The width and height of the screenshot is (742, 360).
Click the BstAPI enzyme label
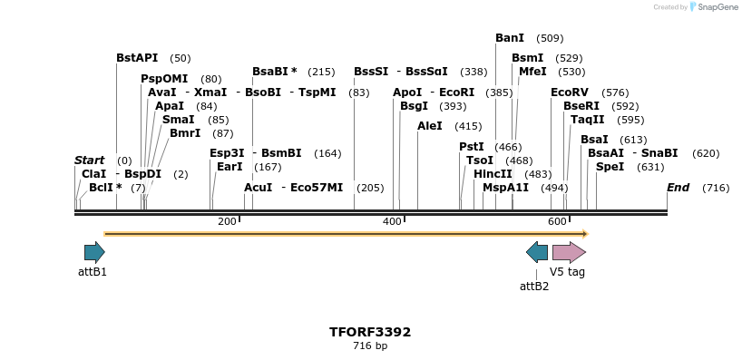coord(137,58)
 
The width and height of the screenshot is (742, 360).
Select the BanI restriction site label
coord(510,38)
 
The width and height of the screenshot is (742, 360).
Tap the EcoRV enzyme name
coord(570,92)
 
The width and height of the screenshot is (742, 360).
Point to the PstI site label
coord(472,147)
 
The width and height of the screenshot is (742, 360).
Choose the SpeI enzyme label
coord(610,167)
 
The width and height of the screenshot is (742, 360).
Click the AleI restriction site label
coord(430,126)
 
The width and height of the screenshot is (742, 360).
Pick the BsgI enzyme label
coord(414,106)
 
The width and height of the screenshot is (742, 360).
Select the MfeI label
coord(532,72)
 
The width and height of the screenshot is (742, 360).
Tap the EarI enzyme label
coord(229,167)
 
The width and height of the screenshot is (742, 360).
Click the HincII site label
coord(493,174)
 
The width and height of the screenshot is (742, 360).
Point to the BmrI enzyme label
coord(185,133)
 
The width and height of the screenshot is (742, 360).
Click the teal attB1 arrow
coord(94,252)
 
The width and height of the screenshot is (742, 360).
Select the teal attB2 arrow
coord(537,252)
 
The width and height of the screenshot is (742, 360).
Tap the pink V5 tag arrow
coord(569,252)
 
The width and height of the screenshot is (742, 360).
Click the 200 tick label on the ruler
coord(227,221)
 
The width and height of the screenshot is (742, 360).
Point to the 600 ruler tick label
coord(558,221)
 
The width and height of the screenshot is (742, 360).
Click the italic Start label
coord(89,161)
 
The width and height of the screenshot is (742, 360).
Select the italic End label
coord(678,188)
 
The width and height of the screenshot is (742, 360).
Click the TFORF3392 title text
coord(370,332)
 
